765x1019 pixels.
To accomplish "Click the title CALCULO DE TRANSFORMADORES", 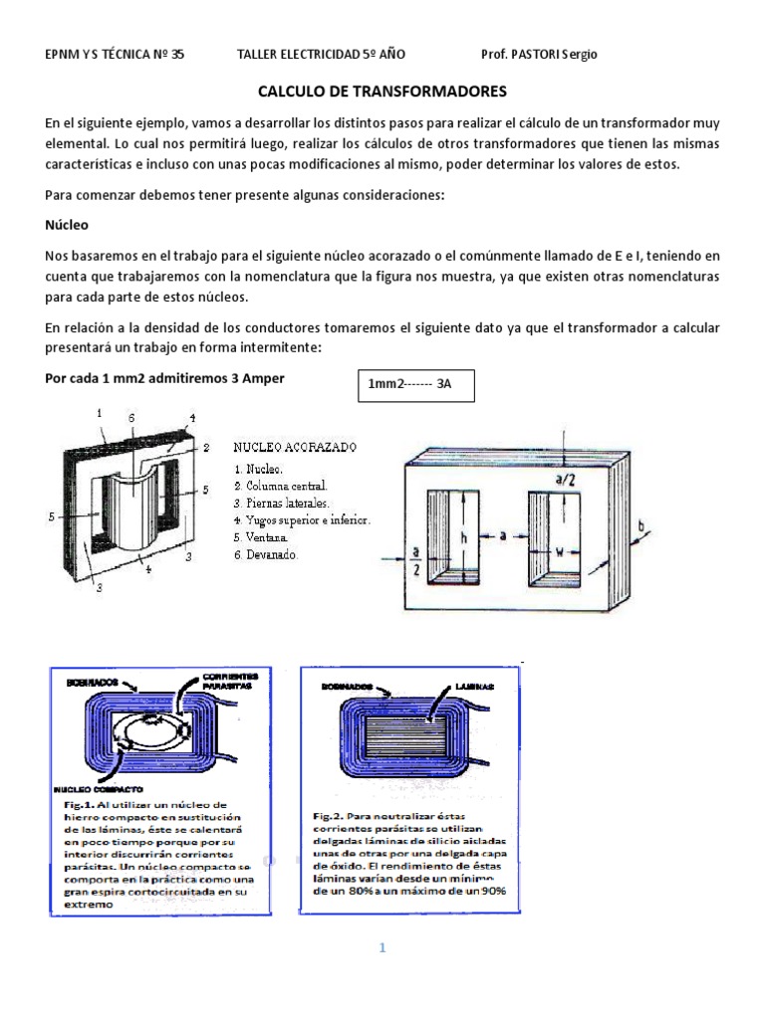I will pyautogui.click(x=382, y=92).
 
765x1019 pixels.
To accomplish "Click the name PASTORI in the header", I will pyautogui.click(x=539, y=54).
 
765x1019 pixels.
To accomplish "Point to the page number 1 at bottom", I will pyautogui.click(x=382, y=948).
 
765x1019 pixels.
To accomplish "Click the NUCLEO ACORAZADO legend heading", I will pyautogui.click(x=297, y=448).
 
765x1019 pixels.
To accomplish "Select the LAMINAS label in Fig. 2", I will pyautogui.click(x=469, y=687).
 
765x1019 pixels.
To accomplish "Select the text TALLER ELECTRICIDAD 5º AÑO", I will pyautogui.click(x=321, y=54).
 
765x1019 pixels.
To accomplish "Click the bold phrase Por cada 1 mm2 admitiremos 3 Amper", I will pyautogui.click(x=171, y=378).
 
